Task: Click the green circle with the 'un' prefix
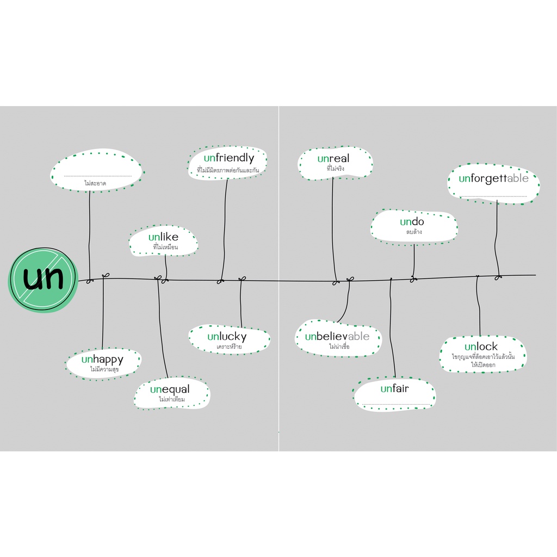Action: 43,280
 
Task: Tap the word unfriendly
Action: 229,158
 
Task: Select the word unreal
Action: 333,158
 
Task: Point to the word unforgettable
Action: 493,178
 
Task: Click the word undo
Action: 412,222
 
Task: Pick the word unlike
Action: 163,237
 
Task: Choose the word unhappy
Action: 102,360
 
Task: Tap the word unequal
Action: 170,389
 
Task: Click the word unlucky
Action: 227,337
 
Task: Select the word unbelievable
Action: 337,336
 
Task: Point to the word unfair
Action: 394,388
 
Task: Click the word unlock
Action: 481,346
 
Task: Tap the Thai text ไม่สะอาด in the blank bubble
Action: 95,183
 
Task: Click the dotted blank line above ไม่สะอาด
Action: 98,176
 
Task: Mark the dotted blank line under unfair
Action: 396,404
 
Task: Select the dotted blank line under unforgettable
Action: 493,196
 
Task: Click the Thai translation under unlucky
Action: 229,346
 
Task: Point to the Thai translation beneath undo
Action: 414,232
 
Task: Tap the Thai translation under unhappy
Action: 104,369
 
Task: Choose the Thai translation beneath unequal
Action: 172,399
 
